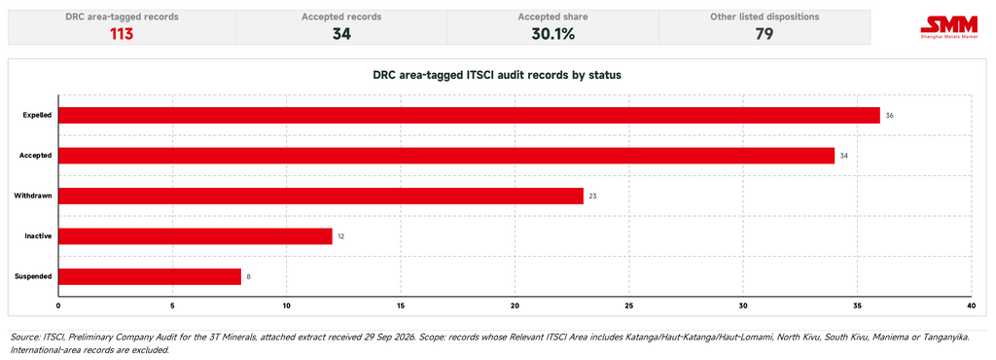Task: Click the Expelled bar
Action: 469,115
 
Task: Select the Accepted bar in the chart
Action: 445,156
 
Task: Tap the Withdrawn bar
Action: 321,197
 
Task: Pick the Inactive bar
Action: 195,236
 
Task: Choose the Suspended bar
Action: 149,277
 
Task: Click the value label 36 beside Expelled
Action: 889,116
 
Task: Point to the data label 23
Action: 592,197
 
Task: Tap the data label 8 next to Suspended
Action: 248,277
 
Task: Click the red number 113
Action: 122,34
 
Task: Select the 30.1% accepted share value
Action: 552,34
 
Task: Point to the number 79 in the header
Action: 765,34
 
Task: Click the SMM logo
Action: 949,28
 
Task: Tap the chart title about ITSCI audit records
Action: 497,75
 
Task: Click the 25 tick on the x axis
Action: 629,306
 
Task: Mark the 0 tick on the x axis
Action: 58,306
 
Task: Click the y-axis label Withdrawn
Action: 33,197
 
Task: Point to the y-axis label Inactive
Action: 39,236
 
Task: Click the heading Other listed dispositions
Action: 765,18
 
